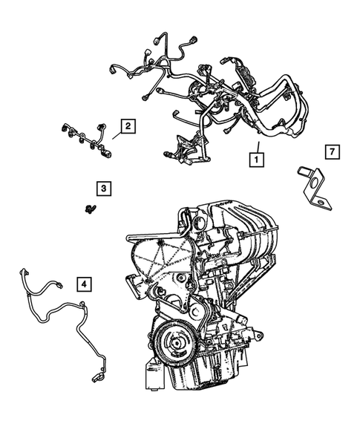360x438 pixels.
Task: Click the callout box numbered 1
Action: click(255, 158)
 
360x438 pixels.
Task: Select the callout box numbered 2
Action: click(128, 126)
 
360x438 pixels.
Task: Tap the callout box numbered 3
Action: click(104, 189)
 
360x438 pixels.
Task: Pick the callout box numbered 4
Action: click(85, 283)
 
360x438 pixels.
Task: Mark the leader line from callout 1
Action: click(256, 146)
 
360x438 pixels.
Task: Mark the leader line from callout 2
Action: click(117, 134)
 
